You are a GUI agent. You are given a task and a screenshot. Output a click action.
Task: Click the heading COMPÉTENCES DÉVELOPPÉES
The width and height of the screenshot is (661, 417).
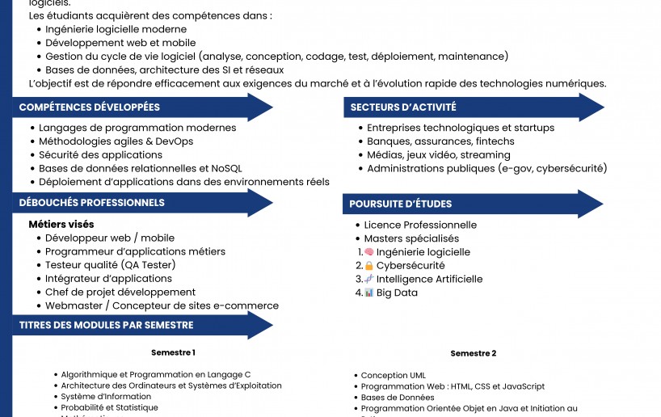click(x=90, y=107)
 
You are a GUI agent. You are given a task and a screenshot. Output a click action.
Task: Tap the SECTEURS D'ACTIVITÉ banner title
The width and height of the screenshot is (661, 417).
click(x=403, y=107)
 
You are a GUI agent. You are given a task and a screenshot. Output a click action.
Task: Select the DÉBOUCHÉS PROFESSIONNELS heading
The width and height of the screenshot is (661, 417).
click(x=92, y=203)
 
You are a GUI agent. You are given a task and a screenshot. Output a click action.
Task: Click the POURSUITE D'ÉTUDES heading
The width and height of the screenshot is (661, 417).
click(x=401, y=204)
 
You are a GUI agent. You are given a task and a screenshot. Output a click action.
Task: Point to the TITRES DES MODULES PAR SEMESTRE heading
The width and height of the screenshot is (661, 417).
click(x=106, y=325)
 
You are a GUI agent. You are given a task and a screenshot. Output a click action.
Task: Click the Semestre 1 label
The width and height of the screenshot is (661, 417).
click(x=173, y=352)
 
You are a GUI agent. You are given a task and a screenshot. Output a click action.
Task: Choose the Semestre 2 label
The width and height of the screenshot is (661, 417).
click(x=474, y=353)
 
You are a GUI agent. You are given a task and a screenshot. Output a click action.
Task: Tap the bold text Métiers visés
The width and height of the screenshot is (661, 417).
click(x=61, y=225)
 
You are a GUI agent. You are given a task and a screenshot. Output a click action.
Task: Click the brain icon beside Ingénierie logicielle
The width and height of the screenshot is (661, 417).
click(x=369, y=252)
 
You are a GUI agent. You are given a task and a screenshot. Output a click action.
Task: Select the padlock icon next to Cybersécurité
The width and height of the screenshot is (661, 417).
click(x=369, y=266)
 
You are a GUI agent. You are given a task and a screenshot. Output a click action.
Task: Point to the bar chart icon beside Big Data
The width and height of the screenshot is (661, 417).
click(x=369, y=293)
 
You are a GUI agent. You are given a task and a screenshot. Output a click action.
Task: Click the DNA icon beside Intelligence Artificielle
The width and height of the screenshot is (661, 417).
click(x=369, y=279)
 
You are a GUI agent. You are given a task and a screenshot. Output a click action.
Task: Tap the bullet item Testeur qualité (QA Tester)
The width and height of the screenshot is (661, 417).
click(x=110, y=265)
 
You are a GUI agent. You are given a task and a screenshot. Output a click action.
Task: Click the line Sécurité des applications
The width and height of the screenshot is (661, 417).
click(x=90, y=155)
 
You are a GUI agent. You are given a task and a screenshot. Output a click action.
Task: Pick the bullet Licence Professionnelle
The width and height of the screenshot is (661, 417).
click(x=420, y=225)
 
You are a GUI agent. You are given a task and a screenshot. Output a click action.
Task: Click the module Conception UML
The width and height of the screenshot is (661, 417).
click(x=393, y=376)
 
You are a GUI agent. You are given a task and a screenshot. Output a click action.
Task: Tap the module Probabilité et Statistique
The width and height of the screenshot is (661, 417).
click(x=110, y=408)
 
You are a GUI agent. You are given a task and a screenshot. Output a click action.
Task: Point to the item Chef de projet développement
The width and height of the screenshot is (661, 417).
click(x=120, y=293)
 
